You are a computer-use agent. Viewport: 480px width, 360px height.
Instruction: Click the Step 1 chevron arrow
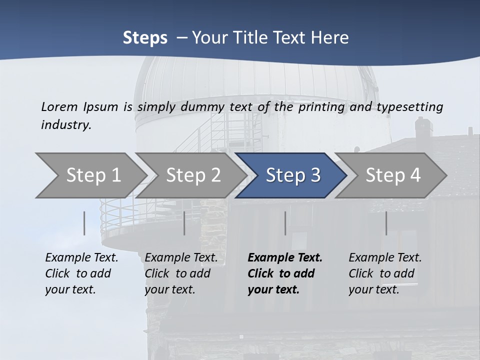click(92, 175)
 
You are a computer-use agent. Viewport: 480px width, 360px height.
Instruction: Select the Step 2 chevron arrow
click(192, 175)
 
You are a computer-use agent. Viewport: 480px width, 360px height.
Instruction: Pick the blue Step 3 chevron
click(292, 175)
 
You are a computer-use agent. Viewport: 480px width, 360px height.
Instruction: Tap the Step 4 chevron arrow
click(392, 175)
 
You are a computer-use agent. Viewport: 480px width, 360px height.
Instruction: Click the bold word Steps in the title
click(145, 37)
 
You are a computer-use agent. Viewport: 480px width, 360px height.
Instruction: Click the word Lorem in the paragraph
click(60, 106)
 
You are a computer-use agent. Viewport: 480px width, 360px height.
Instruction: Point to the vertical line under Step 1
click(84, 223)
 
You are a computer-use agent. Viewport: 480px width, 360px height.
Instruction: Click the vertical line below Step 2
click(184, 223)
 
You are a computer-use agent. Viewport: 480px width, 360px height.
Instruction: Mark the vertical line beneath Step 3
click(285, 223)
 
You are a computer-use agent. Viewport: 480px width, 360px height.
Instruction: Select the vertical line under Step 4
click(386, 223)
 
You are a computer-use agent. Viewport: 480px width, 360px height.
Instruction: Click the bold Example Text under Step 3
click(285, 257)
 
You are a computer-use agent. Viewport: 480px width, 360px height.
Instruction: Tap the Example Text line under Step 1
click(81, 257)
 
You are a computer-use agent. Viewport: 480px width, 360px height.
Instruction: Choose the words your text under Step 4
click(373, 289)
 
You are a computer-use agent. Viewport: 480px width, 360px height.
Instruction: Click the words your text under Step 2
click(169, 289)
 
